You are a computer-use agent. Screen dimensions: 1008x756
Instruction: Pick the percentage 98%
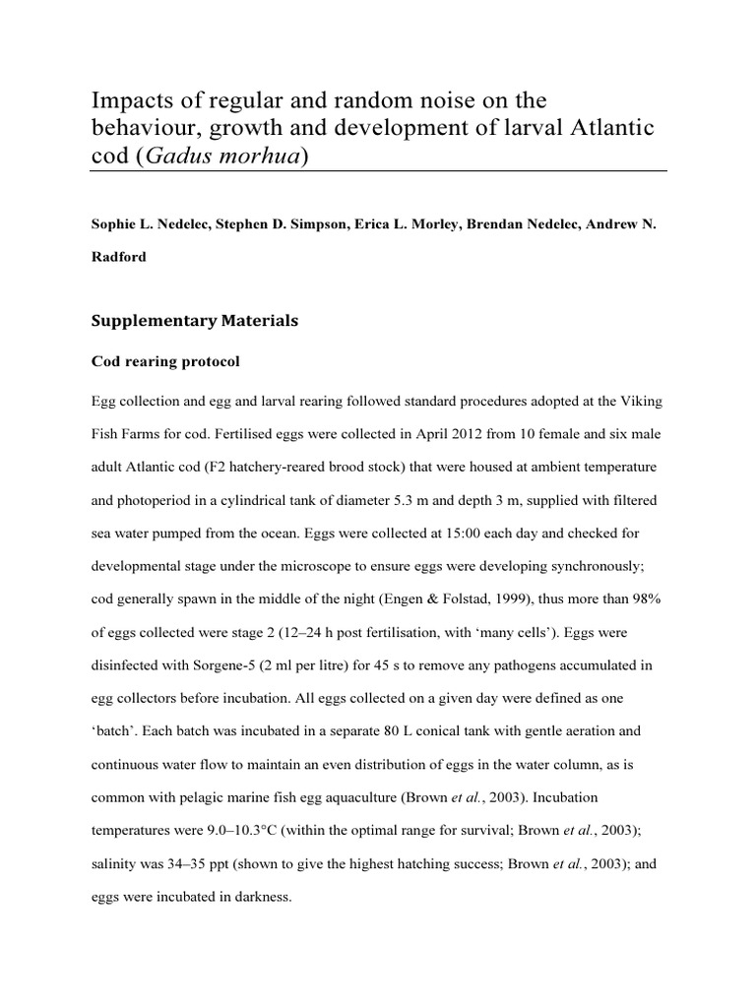point(644,600)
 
